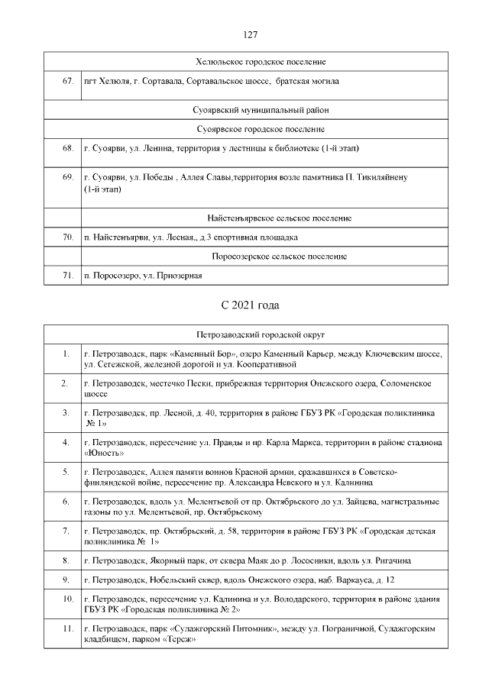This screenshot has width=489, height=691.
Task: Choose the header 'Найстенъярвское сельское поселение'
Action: (279, 218)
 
